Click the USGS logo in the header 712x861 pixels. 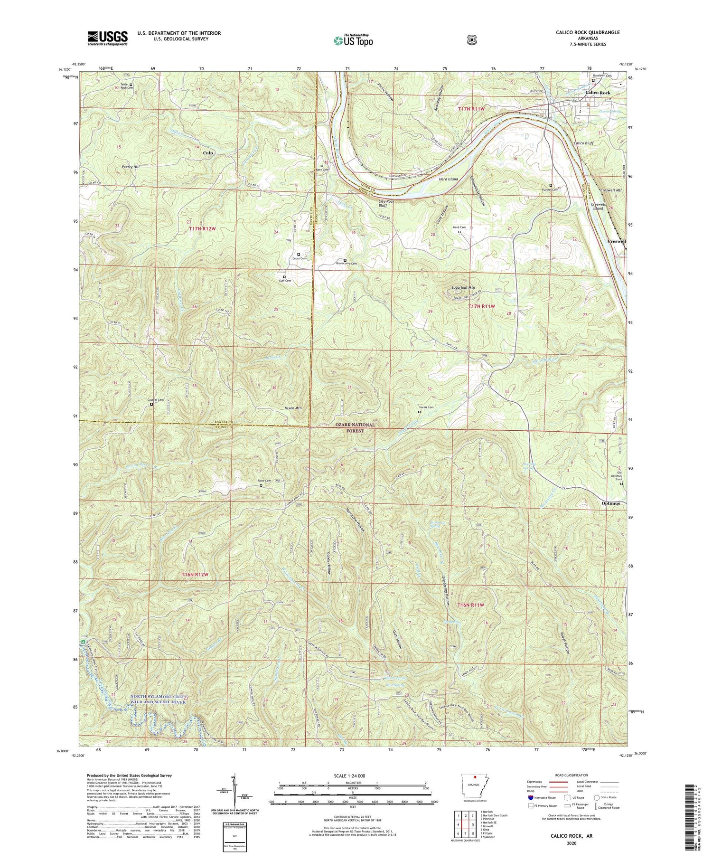coord(108,38)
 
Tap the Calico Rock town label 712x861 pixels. coord(598,93)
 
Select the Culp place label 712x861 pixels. coord(207,153)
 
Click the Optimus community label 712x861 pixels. coord(610,503)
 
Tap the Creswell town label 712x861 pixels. coord(616,241)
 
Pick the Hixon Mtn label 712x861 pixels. coord(293,408)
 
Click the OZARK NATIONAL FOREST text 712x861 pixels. coord(349,428)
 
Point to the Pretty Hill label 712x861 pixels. coord(131,167)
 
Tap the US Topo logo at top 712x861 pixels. coord(354,41)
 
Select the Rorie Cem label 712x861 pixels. coord(264,481)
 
